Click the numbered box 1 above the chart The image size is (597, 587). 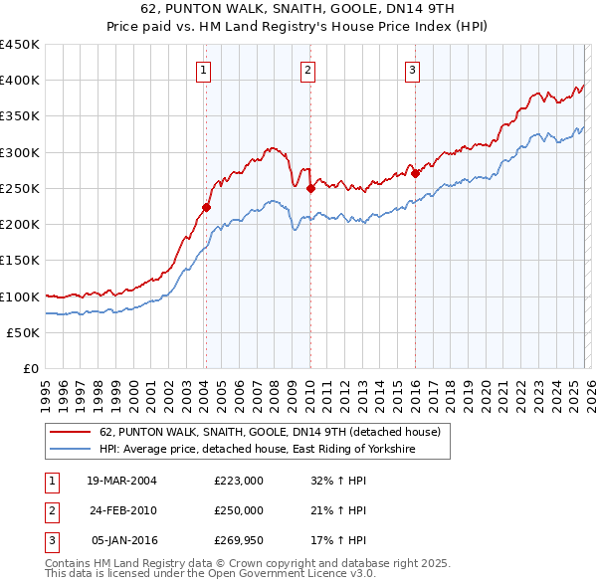tap(203, 70)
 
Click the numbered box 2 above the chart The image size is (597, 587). tap(308, 70)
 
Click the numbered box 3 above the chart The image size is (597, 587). tap(413, 70)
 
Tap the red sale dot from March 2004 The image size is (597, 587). tap(207, 208)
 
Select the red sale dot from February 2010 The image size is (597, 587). tap(310, 188)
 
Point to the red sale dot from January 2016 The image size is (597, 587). tap(415, 173)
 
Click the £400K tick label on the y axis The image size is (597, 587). tap(20, 81)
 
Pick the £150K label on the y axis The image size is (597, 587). tap(20, 261)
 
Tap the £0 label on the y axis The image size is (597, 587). tap(31, 368)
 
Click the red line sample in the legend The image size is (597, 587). tap(71, 432)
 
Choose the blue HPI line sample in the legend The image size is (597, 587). tap(71, 450)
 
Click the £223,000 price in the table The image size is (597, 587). tap(239, 481)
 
